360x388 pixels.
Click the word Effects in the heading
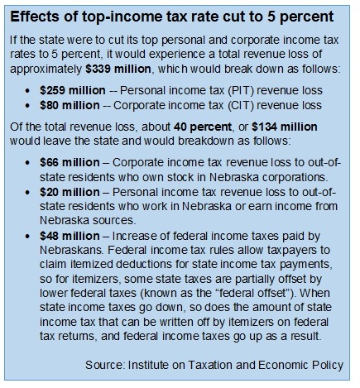[x=35, y=17]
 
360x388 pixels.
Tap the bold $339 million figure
[x=118, y=69]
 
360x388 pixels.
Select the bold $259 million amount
[x=73, y=90]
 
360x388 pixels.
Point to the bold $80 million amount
[x=70, y=105]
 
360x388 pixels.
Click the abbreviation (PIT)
[x=241, y=91]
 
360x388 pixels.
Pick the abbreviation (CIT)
[x=241, y=106]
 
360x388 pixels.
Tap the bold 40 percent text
[x=203, y=127]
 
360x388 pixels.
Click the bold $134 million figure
[x=285, y=127]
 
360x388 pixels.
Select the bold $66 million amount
[x=70, y=162]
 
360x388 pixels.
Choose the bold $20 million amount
[x=70, y=192]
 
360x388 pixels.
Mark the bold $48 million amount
[x=70, y=236]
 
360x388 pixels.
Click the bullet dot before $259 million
[x=27, y=91]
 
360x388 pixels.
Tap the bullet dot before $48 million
[x=27, y=237]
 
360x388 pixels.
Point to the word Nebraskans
[x=72, y=251]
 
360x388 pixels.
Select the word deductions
[x=144, y=265]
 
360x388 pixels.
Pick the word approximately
[x=46, y=69]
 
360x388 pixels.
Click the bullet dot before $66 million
[x=27, y=163]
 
